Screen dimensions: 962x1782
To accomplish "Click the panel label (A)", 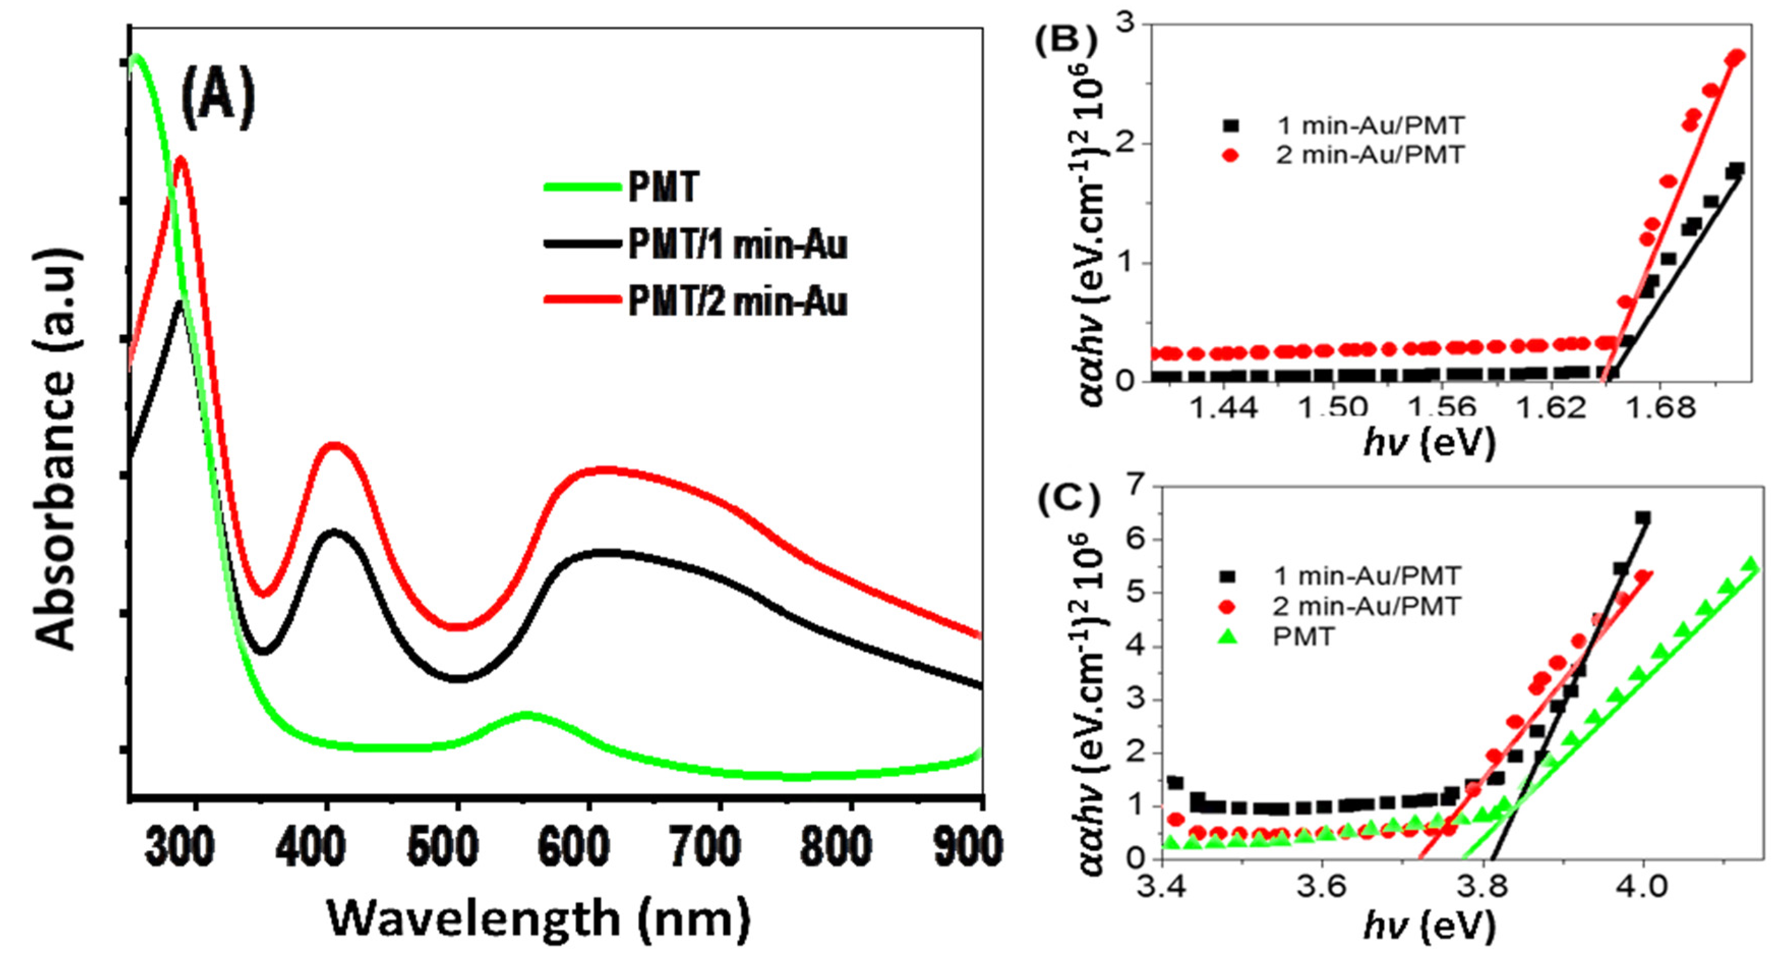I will click(218, 102).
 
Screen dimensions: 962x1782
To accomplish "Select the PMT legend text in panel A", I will click(663, 187).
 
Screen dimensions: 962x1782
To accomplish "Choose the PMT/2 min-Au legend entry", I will click(737, 302).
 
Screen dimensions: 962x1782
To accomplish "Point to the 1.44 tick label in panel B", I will click(1223, 408).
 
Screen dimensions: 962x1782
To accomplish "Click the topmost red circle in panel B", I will click(1736, 56).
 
